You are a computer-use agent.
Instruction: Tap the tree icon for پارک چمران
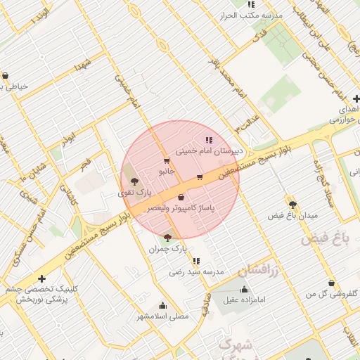pyautogui.click(x=167, y=237)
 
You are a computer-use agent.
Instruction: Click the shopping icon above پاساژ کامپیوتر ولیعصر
pyautogui.click(x=181, y=198)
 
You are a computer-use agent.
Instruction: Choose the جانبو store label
pyautogui.click(x=166, y=171)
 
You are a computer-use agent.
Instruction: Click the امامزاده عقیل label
pyautogui.click(x=244, y=300)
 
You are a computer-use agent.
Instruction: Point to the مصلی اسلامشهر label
pyautogui.click(x=163, y=316)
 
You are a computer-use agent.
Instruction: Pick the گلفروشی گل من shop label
pyautogui.click(x=331, y=293)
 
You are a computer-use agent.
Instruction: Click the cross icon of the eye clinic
pyautogui.click(x=42, y=278)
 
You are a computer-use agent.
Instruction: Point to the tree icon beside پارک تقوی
pyautogui.click(x=134, y=182)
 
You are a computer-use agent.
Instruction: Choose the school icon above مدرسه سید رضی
pyautogui.click(x=195, y=261)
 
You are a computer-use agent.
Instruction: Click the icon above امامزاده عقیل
pyautogui.click(x=244, y=290)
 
